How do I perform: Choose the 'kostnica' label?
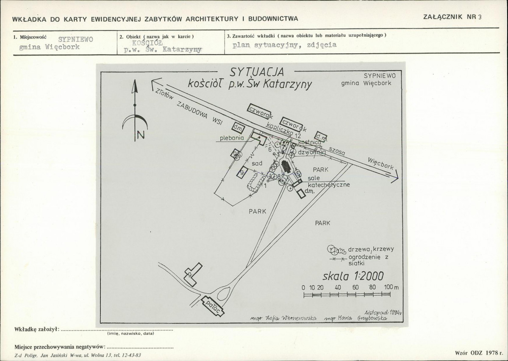pos(310,143)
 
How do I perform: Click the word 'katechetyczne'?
pos(329,184)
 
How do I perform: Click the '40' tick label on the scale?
pos(338,287)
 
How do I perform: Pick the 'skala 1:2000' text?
pos(353,276)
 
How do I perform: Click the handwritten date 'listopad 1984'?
pos(378,311)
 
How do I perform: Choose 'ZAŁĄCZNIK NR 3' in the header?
pos(452,17)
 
